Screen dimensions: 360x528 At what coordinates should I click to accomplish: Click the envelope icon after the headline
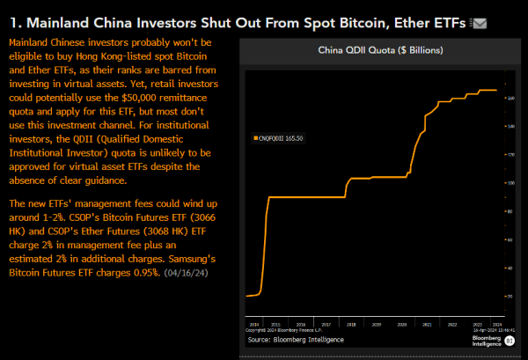click(480, 23)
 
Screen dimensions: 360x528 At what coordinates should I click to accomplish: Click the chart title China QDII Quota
click(379, 51)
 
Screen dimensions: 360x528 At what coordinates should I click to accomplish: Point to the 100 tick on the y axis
click(510, 183)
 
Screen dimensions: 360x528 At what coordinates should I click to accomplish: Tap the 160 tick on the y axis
click(510, 98)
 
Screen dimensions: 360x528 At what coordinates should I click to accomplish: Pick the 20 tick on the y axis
click(510, 297)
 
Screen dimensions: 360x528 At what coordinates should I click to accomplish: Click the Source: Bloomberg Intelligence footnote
click(295, 340)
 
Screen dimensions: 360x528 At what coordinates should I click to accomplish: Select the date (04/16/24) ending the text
click(186, 273)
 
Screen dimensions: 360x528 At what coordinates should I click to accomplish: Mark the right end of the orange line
click(497, 90)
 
